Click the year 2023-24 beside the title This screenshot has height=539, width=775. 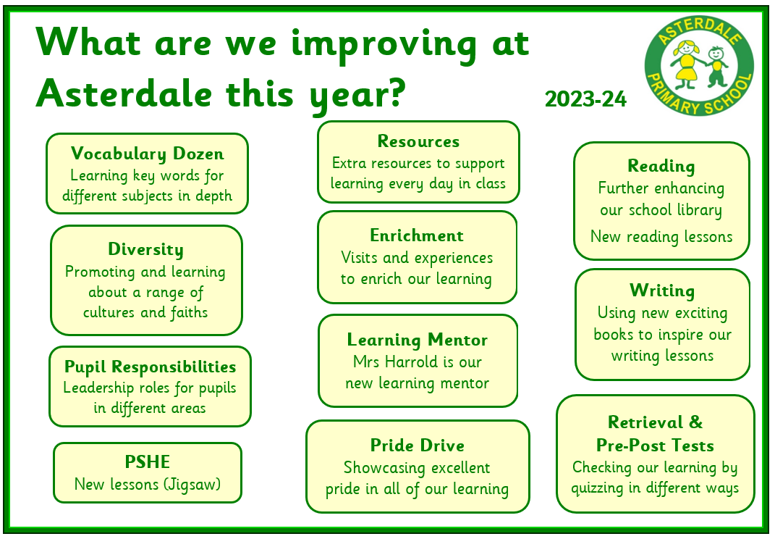click(585, 99)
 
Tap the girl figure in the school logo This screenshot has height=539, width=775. click(687, 64)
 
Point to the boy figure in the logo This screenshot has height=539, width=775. click(716, 67)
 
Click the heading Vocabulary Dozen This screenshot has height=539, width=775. click(148, 154)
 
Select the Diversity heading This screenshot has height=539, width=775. click(145, 249)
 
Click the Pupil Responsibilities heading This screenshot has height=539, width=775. click(151, 367)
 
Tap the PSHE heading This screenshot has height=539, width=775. click(148, 461)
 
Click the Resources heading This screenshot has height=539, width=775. click(419, 141)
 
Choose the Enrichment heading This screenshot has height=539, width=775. click(417, 235)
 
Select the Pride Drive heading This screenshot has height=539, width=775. click(418, 446)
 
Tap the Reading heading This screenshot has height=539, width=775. click(661, 167)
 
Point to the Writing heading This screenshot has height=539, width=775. click(662, 291)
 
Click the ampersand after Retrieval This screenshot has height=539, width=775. click(696, 422)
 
